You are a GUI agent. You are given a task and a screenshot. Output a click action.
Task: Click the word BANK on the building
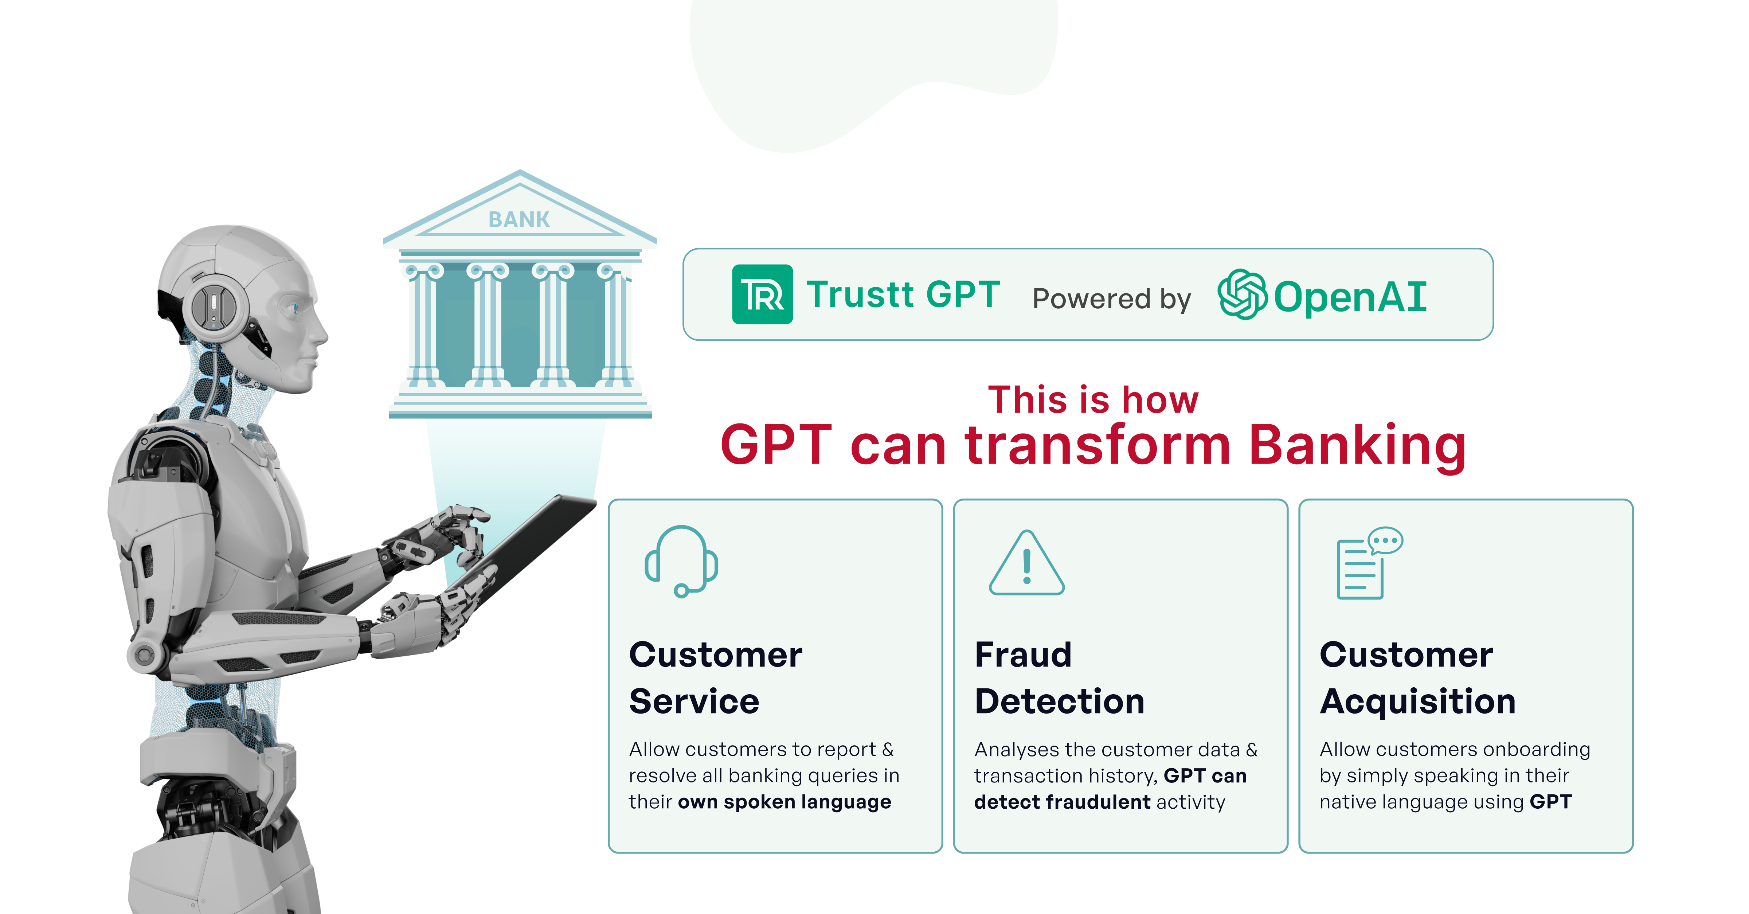(519, 219)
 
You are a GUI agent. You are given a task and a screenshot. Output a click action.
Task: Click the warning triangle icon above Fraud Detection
(1026, 564)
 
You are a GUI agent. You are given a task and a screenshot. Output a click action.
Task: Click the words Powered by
(1111, 299)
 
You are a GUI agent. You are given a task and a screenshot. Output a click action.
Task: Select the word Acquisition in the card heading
(1418, 702)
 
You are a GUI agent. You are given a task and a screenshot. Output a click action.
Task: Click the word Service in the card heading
(694, 702)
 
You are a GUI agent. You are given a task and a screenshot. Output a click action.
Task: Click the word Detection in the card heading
(1059, 702)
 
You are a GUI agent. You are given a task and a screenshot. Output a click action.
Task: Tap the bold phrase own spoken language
(784, 802)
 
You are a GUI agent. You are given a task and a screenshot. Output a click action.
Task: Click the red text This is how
(1093, 399)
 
